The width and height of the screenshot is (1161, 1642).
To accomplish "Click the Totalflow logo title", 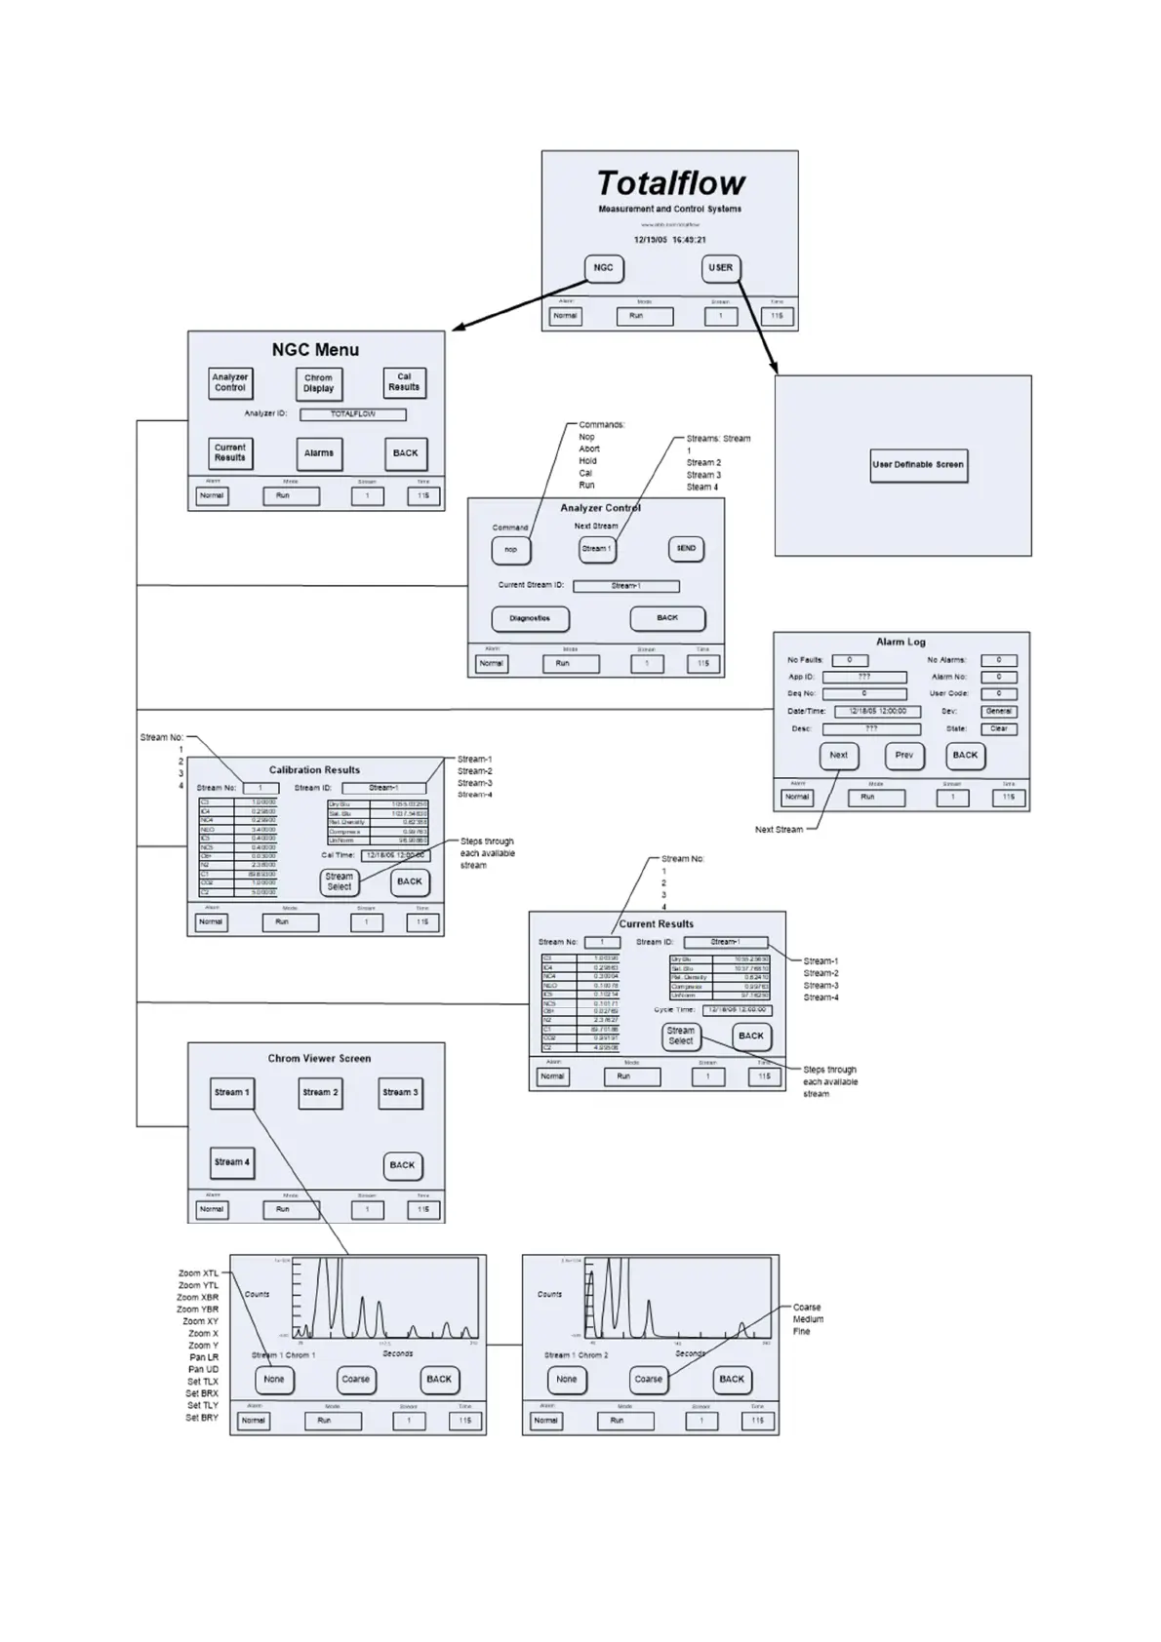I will [x=670, y=183].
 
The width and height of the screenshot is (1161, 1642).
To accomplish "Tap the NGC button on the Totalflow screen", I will [x=604, y=268].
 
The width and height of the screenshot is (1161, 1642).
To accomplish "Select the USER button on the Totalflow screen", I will [x=720, y=268].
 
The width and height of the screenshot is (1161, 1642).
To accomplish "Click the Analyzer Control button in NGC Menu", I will [x=230, y=382].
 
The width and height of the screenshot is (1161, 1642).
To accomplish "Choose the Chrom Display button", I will [x=318, y=383].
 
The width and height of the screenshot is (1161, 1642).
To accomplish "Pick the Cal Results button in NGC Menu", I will [x=404, y=382].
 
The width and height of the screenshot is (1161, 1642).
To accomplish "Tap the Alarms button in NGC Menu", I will [x=319, y=453].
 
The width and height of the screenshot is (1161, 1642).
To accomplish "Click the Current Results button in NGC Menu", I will [x=230, y=453].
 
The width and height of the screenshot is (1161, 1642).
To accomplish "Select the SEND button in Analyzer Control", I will [x=686, y=549].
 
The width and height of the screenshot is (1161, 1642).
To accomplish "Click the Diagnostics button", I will [x=530, y=618].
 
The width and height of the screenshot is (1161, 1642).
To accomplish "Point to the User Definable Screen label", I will [x=918, y=465].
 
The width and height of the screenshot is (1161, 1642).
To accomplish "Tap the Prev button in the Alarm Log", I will [x=904, y=756].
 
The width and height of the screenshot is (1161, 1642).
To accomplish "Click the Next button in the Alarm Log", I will [x=838, y=756].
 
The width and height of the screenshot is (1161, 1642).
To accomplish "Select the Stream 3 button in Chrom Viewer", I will [x=400, y=1093].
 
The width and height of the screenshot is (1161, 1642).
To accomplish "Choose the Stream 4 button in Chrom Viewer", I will [x=232, y=1162].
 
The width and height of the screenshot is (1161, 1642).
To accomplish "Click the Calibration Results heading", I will [x=314, y=770].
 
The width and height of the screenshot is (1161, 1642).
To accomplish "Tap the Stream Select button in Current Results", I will [x=680, y=1036].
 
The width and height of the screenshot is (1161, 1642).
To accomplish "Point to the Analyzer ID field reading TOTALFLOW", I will [x=352, y=414].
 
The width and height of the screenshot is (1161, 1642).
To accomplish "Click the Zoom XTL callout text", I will [x=198, y=1273].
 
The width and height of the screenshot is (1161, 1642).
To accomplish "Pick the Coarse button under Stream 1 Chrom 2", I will [x=648, y=1380].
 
